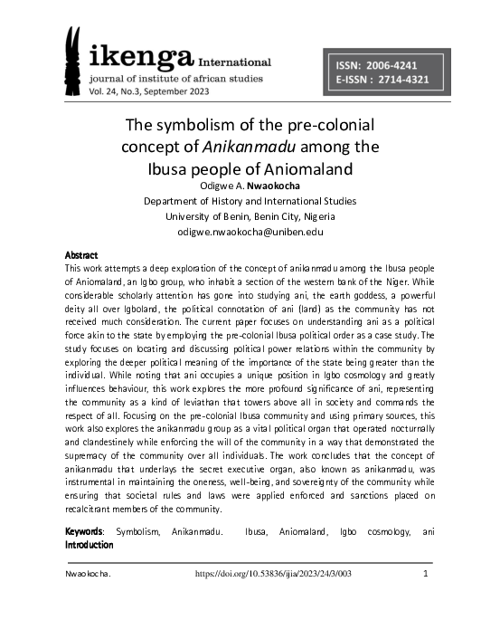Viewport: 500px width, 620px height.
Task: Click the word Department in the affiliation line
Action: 175,201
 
